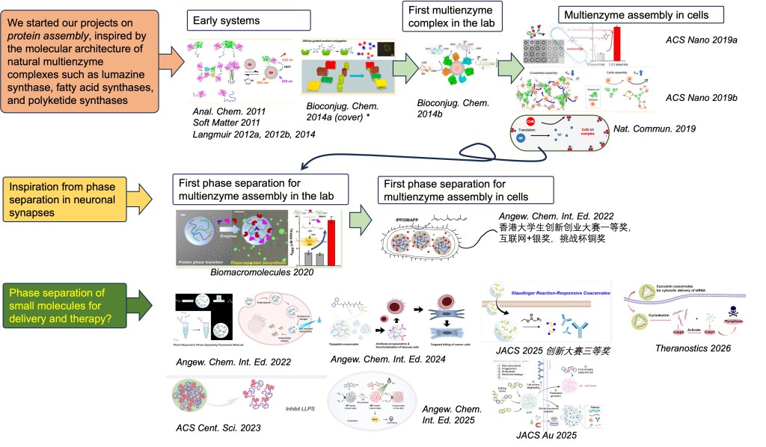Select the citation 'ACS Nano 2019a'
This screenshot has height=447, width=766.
[702, 39]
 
